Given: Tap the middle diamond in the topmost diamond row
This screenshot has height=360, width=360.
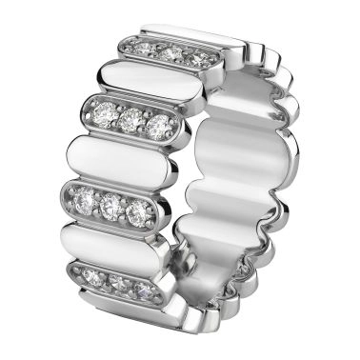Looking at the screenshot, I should point(170,53).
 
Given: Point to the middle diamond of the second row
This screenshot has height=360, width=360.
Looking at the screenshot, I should point(132,120).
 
